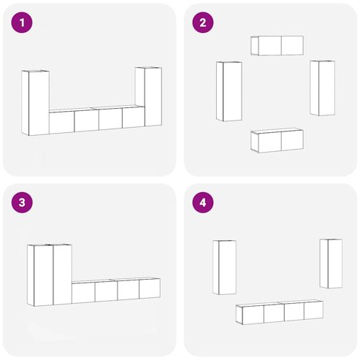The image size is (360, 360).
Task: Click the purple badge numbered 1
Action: pyautogui.click(x=22, y=23)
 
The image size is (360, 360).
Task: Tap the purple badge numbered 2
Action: pyautogui.click(x=203, y=23)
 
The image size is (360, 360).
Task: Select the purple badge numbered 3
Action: pyautogui.click(x=22, y=202)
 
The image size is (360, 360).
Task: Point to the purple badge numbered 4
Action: pyautogui.click(x=203, y=202)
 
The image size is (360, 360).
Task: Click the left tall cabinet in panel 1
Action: pyautogui.click(x=36, y=103)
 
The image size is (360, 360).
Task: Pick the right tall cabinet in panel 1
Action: pyautogui.click(x=148, y=96)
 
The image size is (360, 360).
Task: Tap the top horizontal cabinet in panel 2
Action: pyautogui.click(x=277, y=45)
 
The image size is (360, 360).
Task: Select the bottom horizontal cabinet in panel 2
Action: pyautogui.click(x=277, y=140)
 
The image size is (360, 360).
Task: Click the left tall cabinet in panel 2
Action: pyautogui.click(x=229, y=91)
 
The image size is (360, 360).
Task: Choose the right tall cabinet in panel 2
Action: pyautogui.click(x=322, y=88)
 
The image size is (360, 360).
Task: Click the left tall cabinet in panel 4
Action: pyautogui.click(x=224, y=267)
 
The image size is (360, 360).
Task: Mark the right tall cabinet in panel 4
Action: pyautogui.click(x=331, y=264)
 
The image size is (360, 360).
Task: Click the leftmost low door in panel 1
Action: pyautogui.click(x=61, y=123)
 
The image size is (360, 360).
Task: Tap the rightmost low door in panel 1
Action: pyautogui.click(x=134, y=117)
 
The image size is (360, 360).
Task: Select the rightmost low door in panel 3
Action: pyautogui.click(x=150, y=288)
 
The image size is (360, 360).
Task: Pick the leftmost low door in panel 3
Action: pyautogui.click(x=83, y=293)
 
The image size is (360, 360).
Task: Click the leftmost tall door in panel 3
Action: pyautogui.click(x=44, y=275)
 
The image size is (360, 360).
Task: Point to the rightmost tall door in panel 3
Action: pyautogui.click(x=62, y=275)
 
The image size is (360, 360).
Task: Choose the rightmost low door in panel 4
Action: pyautogui.click(x=314, y=310)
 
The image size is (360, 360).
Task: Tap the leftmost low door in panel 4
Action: pyautogui.click(x=253, y=315)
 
